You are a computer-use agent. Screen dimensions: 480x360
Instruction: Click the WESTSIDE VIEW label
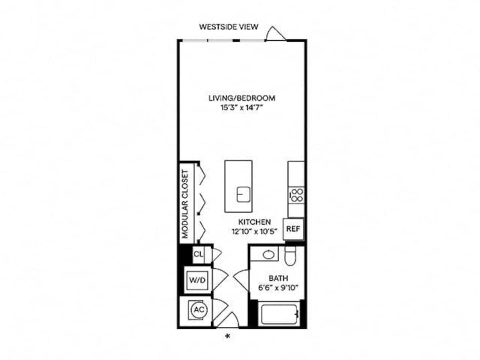(x=228, y=27)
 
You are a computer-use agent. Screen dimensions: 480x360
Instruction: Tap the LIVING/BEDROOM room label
(x=242, y=98)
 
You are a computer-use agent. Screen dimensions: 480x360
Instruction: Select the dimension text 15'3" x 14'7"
(x=242, y=108)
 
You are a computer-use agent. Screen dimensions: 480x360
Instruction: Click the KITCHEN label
(x=254, y=222)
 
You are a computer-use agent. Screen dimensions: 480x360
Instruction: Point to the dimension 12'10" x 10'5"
(x=254, y=231)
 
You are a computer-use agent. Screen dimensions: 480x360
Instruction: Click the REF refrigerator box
(x=293, y=229)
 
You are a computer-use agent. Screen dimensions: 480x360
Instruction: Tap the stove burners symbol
(x=297, y=195)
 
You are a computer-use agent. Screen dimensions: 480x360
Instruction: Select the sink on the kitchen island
(x=243, y=194)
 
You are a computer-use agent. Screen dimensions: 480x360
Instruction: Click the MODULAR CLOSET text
(x=185, y=204)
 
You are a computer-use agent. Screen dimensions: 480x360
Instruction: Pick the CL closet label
(x=198, y=254)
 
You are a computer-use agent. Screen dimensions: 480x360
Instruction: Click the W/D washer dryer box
(x=198, y=280)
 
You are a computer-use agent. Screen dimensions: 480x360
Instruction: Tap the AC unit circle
(x=199, y=310)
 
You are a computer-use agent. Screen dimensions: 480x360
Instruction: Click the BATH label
(x=278, y=278)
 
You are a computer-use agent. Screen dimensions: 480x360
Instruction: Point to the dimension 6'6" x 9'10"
(x=278, y=288)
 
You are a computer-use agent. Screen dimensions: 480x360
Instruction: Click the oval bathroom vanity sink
(x=269, y=254)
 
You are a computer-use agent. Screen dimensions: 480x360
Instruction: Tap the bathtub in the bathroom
(x=279, y=314)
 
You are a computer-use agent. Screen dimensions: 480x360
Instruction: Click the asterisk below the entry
(x=228, y=336)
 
